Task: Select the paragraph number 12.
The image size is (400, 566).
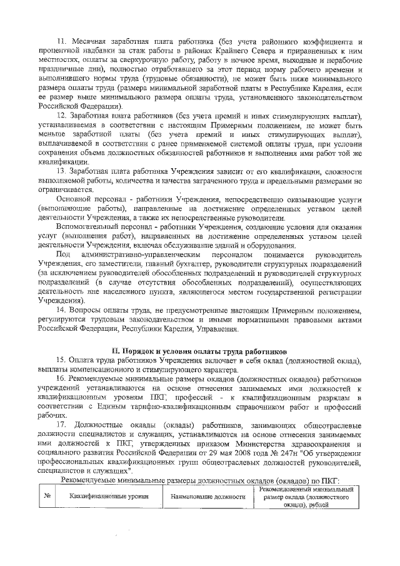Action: click(61, 117)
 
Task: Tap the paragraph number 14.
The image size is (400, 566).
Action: click(61, 310)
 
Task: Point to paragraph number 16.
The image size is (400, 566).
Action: click(61, 379)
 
